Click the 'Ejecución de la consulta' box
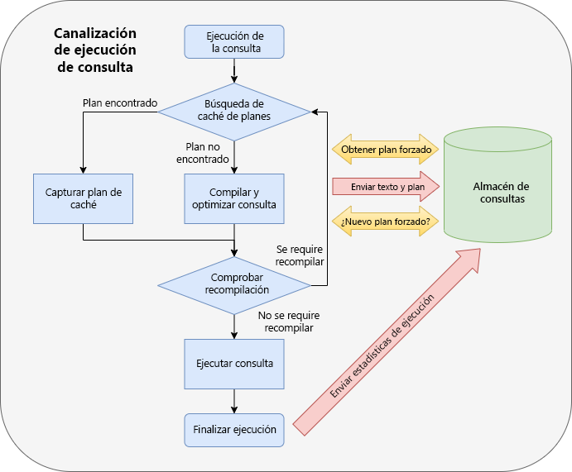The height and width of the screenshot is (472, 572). pyautogui.click(x=234, y=41)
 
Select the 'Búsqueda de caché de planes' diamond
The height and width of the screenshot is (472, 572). pyautogui.click(x=234, y=110)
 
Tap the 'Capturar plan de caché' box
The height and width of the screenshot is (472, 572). pyautogui.click(x=84, y=198)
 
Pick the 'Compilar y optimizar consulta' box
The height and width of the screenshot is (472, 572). pyautogui.click(x=234, y=198)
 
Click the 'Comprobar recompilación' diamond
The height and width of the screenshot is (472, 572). pyautogui.click(x=234, y=284)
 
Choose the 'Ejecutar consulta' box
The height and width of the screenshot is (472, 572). pyautogui.click(x=234, y=363)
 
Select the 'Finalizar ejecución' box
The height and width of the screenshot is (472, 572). pyautogui.click(x=234, y=430)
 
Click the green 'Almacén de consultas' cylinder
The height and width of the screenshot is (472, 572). pyautogui.click(x=498, y=183)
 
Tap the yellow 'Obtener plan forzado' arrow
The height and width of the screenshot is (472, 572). pyautogui.click(x=385, y=150)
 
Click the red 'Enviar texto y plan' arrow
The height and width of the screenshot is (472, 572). pyautogui.click(x=385, y=187)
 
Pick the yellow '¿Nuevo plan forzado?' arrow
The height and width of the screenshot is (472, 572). pyautogui.click(x=385, y=222)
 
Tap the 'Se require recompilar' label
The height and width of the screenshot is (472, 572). pyautogui.click(x=300, y=255)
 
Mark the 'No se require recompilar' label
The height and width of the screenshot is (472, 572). pyautogui.click(x=288, y=322)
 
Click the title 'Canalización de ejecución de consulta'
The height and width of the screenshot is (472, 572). pyautogui.click(x=94, y=50)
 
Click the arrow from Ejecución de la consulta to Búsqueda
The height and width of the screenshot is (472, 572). pyautogui.click(x=234, y=70)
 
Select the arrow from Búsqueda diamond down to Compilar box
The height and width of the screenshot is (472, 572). pyautogui.click(x=234, y=155)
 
